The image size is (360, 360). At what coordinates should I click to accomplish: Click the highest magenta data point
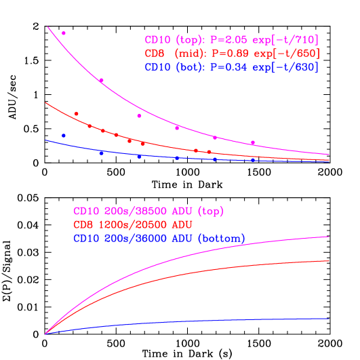[x=64, y=33]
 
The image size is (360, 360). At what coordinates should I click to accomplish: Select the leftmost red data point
[x=76, y=114]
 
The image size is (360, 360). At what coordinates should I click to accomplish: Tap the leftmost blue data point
[x=64, y=136]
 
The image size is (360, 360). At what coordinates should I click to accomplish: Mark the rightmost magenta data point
[x=253, y=142]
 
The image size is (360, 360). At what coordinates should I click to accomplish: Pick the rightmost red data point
[x=209, y=152]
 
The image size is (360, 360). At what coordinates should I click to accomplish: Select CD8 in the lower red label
[x=84, y=224]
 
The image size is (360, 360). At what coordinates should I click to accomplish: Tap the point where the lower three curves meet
[x=45, y=334]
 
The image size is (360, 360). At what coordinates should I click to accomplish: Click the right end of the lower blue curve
[x=329, y=319]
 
